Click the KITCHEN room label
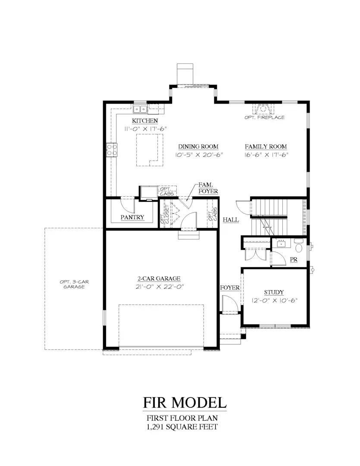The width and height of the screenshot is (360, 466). (145, 121)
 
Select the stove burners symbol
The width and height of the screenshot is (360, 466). (112, 150)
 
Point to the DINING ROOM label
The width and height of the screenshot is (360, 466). (198, 147)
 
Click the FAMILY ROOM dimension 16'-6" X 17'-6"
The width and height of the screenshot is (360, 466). (266, 154)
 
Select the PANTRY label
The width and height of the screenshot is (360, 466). (132, 217)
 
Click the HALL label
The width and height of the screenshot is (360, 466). (231, 220)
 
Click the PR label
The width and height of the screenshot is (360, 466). (294, 260)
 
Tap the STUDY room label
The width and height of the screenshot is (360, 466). (274, 293)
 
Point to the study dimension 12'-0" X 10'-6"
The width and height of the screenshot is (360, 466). (274, 300)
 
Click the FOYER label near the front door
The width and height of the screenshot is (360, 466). (230, 288)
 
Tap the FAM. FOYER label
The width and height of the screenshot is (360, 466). (208, 188)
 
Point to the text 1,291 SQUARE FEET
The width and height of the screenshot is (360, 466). (182, 427)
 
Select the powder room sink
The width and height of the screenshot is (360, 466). (282, 243)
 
